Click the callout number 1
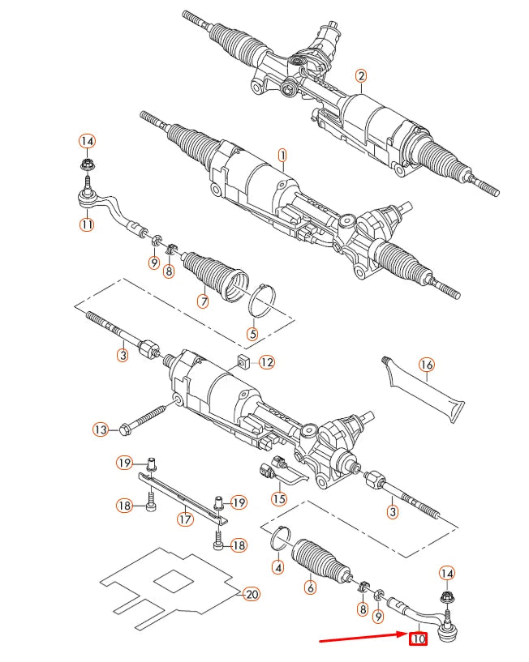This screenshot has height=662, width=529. click(x=282, y=154)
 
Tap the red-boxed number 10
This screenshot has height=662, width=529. click(x=418, y=639)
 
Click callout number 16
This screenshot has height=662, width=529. click(x=427, y=365)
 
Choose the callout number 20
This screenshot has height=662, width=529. click(x=252, y=594)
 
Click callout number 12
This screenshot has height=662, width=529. click(x=267, y=361)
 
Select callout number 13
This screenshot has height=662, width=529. click(x=101, y=429)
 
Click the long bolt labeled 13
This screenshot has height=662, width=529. click(x=146, y=417)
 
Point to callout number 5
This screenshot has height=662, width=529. click(x=252, y=333)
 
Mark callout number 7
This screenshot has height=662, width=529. click(x=203, y=302)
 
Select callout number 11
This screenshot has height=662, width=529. click(x=87, y=224)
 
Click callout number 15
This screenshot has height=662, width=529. click(x=278, y=498)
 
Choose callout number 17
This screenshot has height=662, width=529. click(x=186, y=519)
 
